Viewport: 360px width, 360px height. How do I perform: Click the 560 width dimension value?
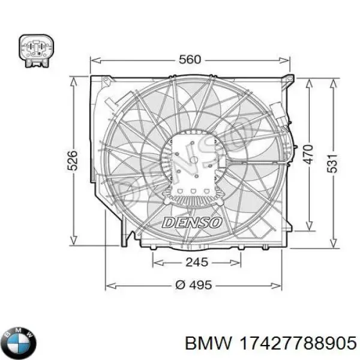pyautogui.click(x=190, y=59)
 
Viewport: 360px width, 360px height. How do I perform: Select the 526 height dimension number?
pyautogui.click(x=73, y=160)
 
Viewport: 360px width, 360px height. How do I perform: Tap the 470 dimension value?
pyautogui.click(x=308, y=154)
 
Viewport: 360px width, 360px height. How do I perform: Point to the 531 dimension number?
pyautogui.click(x=332, y=163)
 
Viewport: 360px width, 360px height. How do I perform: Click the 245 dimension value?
pyautogui.click(x=197, y=262)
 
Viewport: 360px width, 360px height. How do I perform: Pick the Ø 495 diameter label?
pyautogui.click(x=193, y=285)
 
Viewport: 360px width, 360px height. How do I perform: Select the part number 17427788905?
pyautogui.click(x=298, y=343)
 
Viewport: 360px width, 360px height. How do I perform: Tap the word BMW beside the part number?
pyautogui.click(x=208, y=343)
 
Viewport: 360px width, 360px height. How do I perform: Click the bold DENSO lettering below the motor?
pyautogui.click(x=192, y=223)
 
